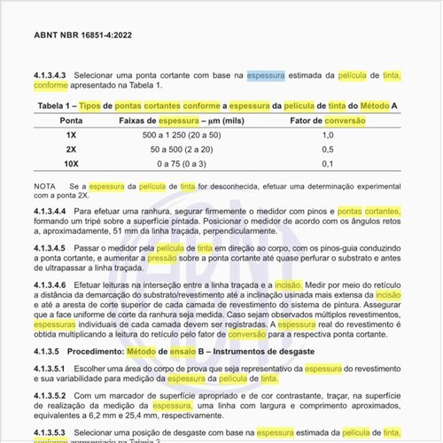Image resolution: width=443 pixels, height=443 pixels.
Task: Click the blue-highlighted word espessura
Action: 266,76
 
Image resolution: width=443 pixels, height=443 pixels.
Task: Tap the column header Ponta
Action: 71,120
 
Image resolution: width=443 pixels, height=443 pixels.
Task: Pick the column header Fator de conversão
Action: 328,120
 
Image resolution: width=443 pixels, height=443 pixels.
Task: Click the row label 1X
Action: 71,135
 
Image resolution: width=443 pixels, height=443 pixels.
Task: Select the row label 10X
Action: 71,164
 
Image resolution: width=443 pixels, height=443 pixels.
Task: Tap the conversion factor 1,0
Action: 328,135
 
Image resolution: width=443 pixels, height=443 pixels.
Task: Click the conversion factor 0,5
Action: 328,150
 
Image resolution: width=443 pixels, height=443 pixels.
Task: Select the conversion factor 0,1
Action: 328,164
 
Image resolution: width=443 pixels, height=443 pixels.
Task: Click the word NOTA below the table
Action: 44,186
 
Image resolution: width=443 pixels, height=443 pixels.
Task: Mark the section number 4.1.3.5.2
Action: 51,395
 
